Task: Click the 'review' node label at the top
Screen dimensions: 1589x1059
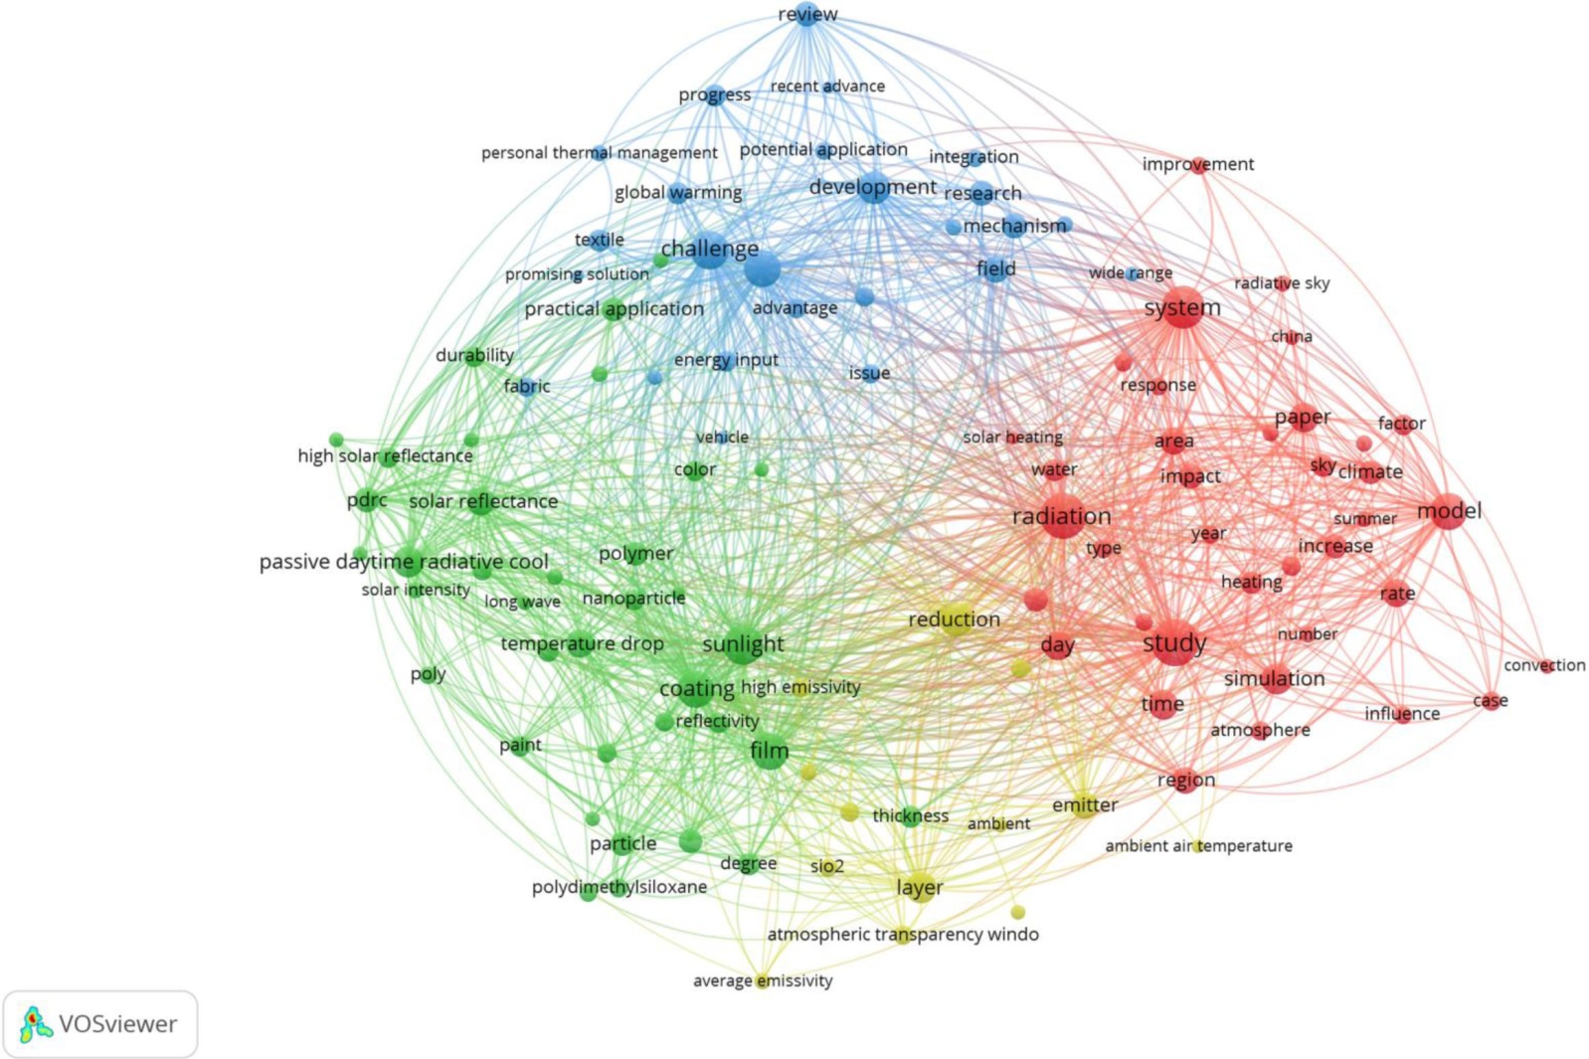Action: [807, 14]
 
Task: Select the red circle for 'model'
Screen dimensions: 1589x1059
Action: [1448, 511]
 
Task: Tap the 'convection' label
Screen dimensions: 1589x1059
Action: [1543, 665]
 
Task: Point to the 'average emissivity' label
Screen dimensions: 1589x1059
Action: [763, 981]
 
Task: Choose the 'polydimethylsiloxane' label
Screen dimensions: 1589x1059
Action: [619, 887]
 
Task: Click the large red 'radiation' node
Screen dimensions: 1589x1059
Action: [1062, 516]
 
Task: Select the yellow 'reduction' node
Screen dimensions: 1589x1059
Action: [956, 619]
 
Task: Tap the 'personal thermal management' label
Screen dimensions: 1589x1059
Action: [599, 153]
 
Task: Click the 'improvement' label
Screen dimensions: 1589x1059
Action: [1197, 164]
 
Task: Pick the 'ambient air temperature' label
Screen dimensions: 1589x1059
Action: [1198, 846]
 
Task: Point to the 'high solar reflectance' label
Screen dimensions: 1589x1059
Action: [385, 456]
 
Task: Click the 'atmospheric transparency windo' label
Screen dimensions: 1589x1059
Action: [902, 935]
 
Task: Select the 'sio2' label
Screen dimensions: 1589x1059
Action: [826, 866]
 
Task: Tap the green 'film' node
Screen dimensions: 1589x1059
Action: [769, 752]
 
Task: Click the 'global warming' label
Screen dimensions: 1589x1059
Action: [678, 193]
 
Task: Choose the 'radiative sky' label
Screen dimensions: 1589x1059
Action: [1282, 283]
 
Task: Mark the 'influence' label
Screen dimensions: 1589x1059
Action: [1402, 714]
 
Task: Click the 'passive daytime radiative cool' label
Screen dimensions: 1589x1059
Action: [404, 562]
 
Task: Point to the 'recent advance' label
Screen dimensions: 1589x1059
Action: [827, 87]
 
